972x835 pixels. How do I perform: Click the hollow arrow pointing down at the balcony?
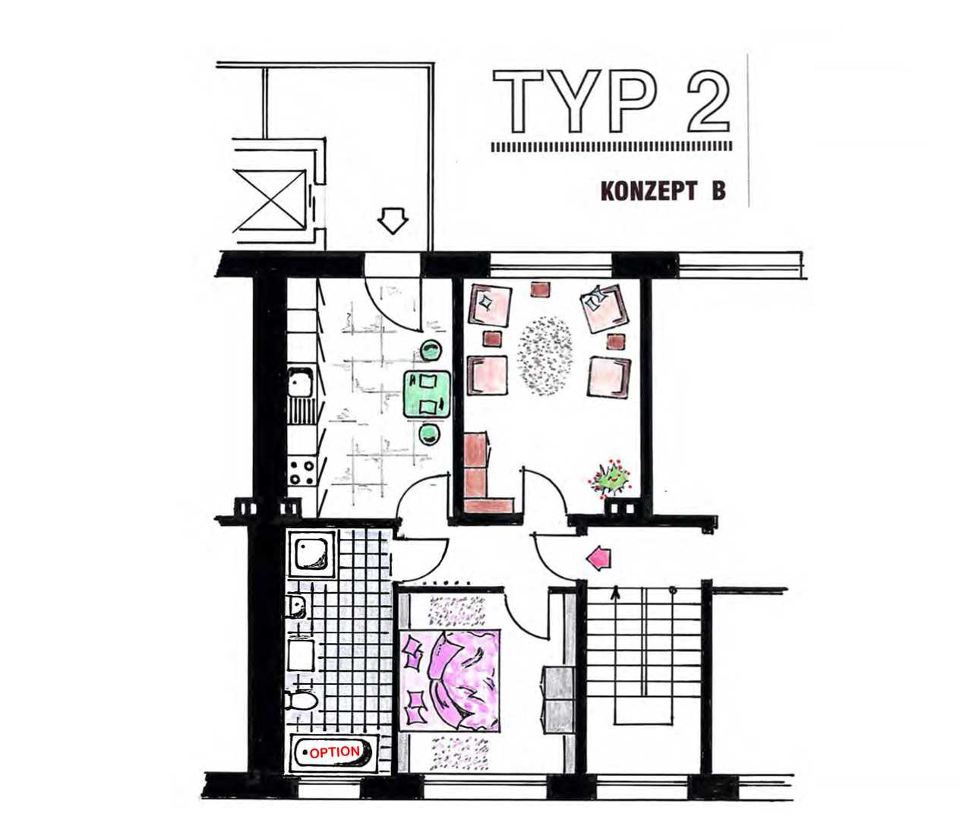pyautogui.click(x=393, y=222)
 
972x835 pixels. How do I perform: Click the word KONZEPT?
pyautogui.click(x=649, y=192)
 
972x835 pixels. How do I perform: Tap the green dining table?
pyautogui.click(x=427, y=394)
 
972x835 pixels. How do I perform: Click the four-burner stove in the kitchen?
pyautogui.click(x=301, y=472)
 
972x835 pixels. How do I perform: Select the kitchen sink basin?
pyautogui.click(x=301, y=383)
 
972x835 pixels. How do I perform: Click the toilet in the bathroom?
pyautogui.click(x=301, y=701)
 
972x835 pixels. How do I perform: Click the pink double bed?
pyautogui.click(x=450, y=681)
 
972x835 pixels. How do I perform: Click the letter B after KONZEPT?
pyautogui.click(x=718, y=192)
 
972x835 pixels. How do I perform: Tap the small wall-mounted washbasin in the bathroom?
pyautogui.click(x=297, y=607)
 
